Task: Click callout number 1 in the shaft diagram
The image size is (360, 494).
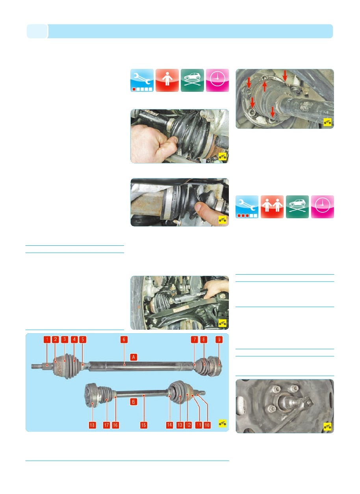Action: [x=47, y=340]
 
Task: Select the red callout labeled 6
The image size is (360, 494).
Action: [x=124, y=340]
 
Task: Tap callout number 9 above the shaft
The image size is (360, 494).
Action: [x=219, y=340]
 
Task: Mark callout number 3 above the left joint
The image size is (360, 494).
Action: [x=65, y=340]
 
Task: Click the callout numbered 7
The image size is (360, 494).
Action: [x=195, y=340]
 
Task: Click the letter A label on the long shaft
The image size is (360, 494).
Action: [x=134, y=357]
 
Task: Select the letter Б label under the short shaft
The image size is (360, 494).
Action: [x=134, y=402]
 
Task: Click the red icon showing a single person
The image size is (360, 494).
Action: [x=167, y=80]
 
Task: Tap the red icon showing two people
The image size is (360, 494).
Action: [x=272, y=207]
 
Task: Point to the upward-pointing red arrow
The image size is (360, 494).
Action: [x=265, y=86]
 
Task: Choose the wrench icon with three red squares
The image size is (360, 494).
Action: [x=247, y=207]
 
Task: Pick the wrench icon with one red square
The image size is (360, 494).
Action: [x=142, y=80]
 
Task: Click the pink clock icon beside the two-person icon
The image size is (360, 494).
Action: [x=323, y=207]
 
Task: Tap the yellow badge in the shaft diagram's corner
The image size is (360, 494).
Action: [x=223, y=423]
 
